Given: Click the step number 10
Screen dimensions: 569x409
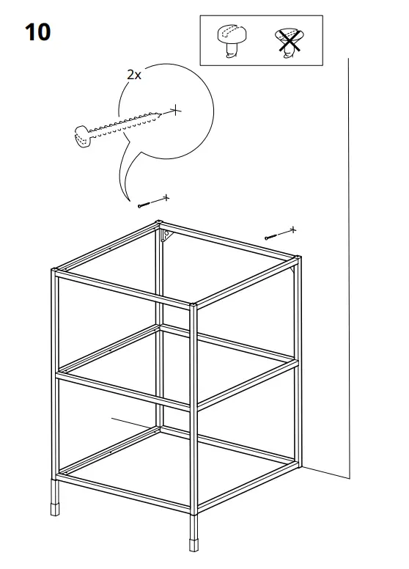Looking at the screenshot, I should [x=37, y=32].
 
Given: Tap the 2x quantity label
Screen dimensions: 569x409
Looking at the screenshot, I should [x=133, y=75].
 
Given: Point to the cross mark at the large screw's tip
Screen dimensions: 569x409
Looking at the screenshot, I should [x=174, y=111].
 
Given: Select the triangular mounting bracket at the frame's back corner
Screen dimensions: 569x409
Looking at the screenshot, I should [x=166, y=236].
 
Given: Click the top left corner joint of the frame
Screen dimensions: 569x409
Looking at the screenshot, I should [x=56, y=273].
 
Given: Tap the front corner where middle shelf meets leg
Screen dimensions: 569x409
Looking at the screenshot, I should [x=194, y=405].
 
